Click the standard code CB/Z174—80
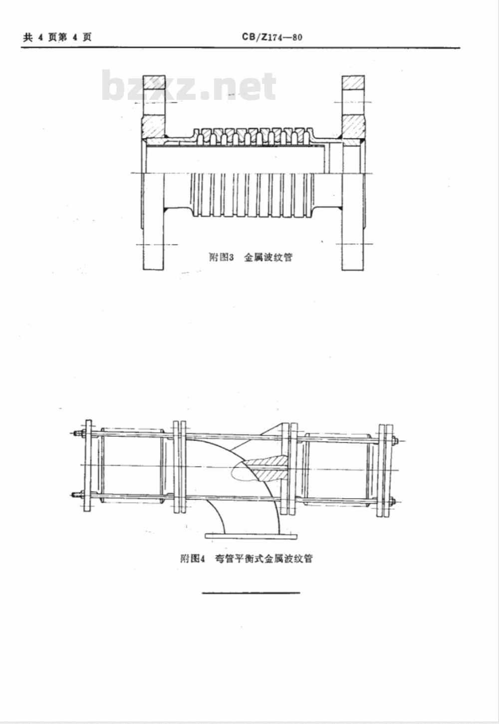(x=272, y=37)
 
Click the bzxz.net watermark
(x=189, y=86)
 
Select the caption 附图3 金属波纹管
(x=251, y=257)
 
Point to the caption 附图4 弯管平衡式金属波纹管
(x=247, y=559)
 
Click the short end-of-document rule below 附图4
(x=251, y=593)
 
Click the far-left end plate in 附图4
(x=87, y=465)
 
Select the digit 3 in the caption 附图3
(x=231, y=258)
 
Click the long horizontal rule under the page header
(x=241, y=48)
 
